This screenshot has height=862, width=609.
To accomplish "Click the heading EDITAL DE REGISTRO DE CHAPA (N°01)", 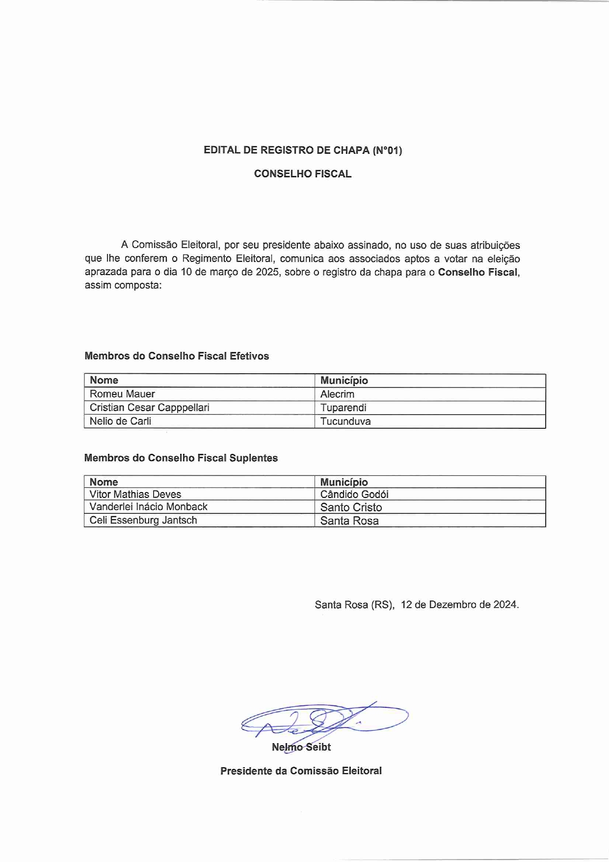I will click(303, 150).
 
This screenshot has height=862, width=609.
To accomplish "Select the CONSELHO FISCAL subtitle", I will click(303, 174).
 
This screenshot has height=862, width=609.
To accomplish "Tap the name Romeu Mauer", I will click(122, 394).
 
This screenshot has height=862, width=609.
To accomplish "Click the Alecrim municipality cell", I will click(337, 394).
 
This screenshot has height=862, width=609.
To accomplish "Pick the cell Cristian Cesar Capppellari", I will click(149, 408).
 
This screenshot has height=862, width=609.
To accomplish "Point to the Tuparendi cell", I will click(343, 408).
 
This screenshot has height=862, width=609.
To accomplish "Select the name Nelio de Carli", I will click(120, 421).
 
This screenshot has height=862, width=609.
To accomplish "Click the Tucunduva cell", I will click(345, 421).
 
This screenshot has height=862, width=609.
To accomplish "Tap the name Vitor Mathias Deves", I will click(135, 494).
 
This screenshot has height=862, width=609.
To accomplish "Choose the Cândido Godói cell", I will click(354, 495).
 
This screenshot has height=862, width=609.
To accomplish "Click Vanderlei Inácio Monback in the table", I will click(148, 507).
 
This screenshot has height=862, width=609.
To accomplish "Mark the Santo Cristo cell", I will click(351, 507).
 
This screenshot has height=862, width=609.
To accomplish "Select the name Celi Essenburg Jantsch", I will click(143, 520).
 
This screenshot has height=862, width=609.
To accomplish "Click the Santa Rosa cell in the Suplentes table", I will click(349, 521).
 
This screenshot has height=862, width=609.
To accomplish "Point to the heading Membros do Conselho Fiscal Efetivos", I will click(177, 356).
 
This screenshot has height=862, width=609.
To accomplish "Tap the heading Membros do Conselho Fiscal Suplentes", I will click(181, 458).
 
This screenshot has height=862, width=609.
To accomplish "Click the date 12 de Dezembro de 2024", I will click(459, 605).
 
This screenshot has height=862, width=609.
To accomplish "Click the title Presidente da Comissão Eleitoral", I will click(301, 771).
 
